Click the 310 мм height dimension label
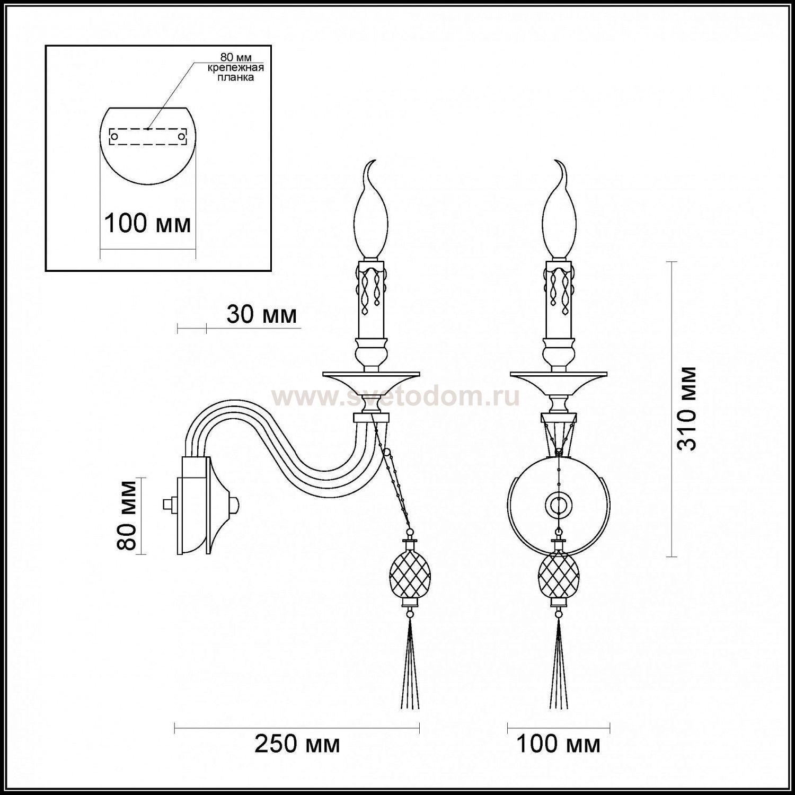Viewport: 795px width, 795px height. click(x=688, y=409)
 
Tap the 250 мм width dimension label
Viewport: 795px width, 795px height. click(x=297, y=744)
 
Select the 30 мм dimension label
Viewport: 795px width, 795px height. click(x=261, y=315)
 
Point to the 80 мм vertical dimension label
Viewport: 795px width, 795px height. click(x=128, y=515)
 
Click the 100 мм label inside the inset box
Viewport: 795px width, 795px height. click(x=147, y=223)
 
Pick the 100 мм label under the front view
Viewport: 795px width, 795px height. click(x=558, y=744)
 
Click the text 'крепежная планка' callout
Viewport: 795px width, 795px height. click(x=235, y=73)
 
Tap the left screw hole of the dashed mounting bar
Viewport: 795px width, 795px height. click(x=114, y=137)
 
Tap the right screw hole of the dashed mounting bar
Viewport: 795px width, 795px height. click(x=181, y=137)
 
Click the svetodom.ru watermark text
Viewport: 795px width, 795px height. click(x=395, y=396)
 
